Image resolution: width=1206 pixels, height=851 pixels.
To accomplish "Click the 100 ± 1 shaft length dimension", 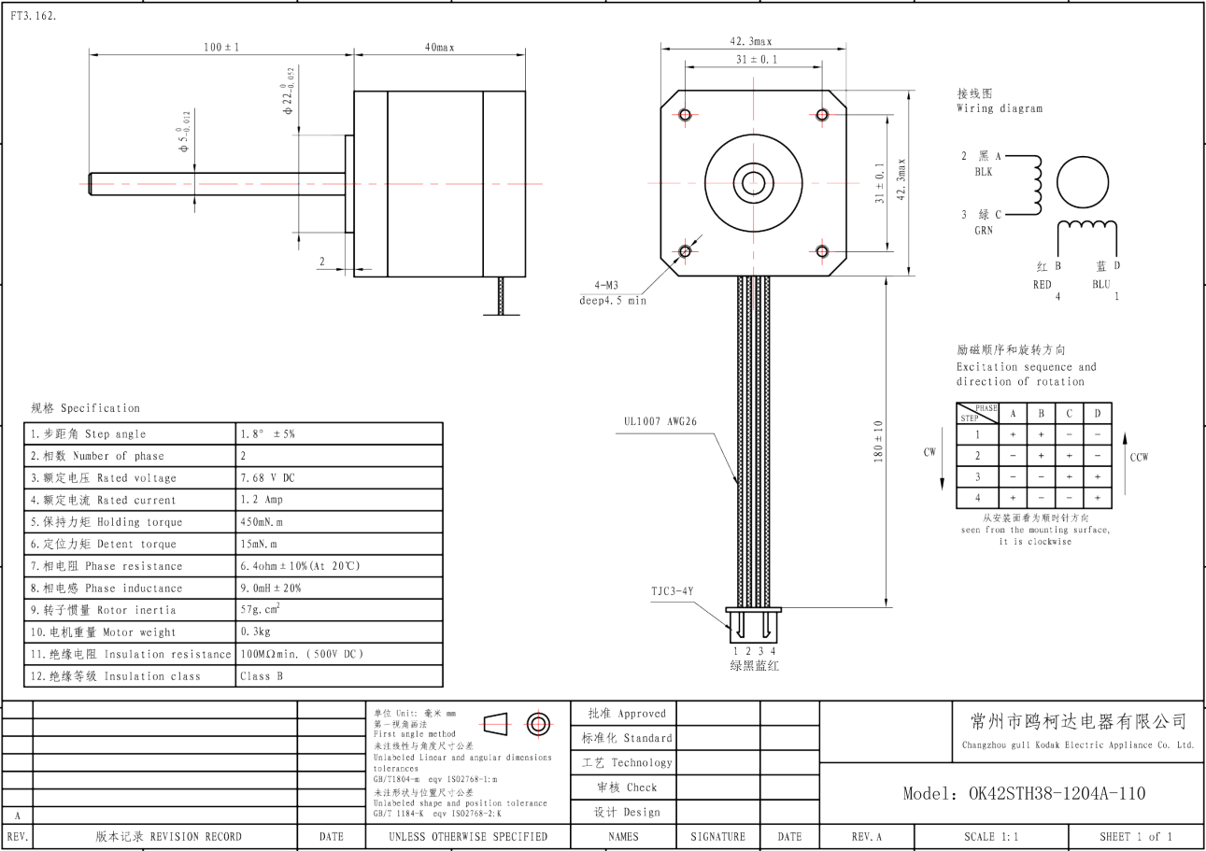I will click(220, 47).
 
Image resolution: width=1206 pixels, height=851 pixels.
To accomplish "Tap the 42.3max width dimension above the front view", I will click(751, 41).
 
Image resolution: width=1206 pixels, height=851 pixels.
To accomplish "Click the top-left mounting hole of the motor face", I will click(685, 115).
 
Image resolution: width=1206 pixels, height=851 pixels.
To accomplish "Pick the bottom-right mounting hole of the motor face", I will click(822, 251).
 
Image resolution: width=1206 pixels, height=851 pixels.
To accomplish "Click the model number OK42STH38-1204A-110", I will click(1024, 793).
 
